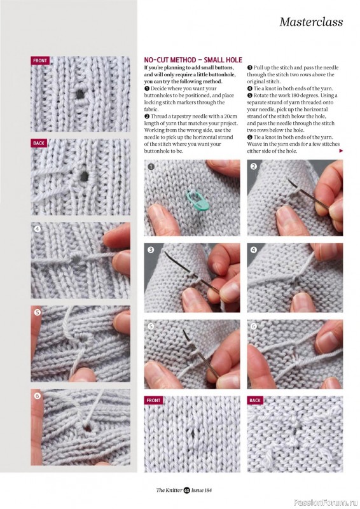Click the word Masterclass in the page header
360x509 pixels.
coord(311,22)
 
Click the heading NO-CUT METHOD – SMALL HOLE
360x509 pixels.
coord(193,60)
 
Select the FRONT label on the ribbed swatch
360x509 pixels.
coord(40,60)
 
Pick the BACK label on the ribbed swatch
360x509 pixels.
coord(39,143)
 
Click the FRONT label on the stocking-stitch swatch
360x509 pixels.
coord(153,400)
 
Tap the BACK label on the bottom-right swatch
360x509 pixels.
coord(255,400)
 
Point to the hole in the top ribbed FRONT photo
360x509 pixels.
coord(80,94)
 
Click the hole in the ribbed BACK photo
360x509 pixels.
coord(84,176)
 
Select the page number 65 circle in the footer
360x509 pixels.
coord(186,490)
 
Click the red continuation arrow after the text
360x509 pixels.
coord(341,151)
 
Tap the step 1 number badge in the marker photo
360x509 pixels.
coord(151,167)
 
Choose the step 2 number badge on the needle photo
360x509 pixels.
coord(254,167)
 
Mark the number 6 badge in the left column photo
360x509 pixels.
coord(38,396)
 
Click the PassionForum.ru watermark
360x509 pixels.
coord(326,503)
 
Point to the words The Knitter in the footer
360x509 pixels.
coord(169,490)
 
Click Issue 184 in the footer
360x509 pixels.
coord(201,490)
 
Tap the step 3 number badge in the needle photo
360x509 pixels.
coord(151,249)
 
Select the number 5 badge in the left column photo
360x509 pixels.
coord(38,312)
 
